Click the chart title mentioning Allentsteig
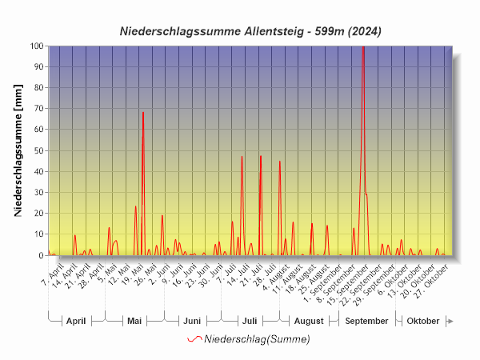tap(250, 31)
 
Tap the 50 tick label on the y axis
tap(38, 150)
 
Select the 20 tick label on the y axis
tap(38, 214)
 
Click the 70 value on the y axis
tap(38, 109)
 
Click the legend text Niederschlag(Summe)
tap(257, 339)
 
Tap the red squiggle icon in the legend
tap(194, 339)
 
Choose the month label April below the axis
tap(76, 321)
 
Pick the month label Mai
tap(134, 321)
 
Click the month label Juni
tap(192, 321)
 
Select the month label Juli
tap(250, 321)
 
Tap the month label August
tap(309, 321)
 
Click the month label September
tap(367, 321)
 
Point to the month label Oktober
tap(423, 321)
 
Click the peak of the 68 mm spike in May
tap(143, 113)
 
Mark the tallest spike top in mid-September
tap(363, 47)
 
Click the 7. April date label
tap(53, 277)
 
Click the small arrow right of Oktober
tap(450, 321)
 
